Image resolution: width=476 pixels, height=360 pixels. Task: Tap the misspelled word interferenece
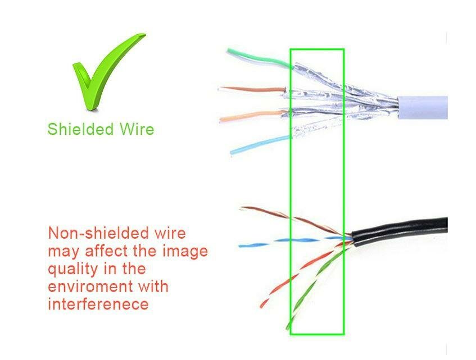[98, 304]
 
